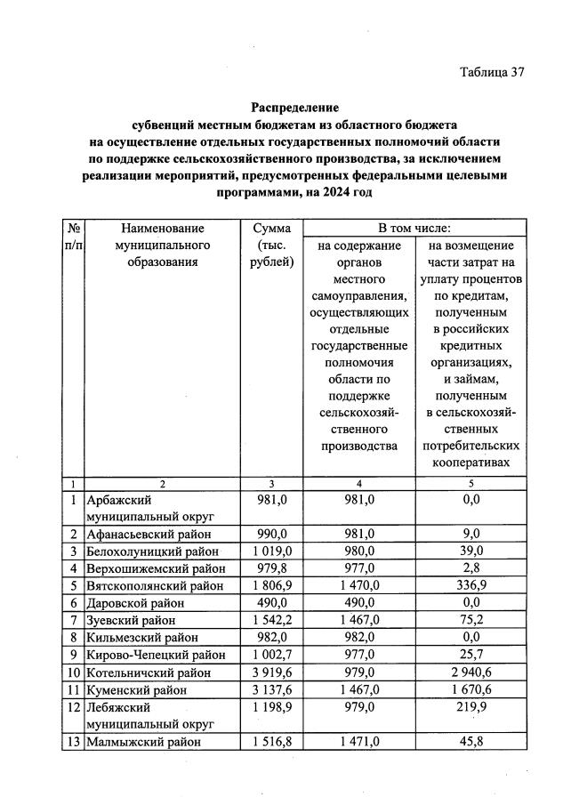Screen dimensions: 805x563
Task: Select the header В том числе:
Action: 414,228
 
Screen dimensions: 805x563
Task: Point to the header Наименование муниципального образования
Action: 163,245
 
